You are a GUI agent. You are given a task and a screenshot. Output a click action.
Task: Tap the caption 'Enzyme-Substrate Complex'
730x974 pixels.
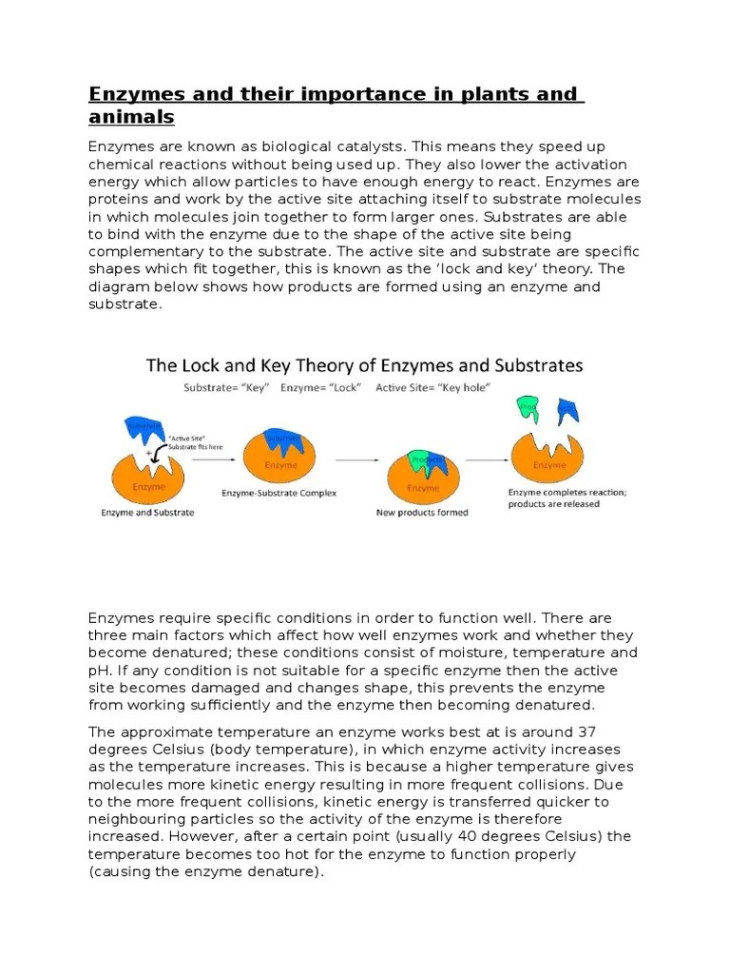click(x=279, y=494)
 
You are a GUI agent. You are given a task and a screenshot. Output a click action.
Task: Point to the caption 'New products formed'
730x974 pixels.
click(x=423, y=512)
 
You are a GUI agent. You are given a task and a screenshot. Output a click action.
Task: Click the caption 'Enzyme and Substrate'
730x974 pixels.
click(x=147, y=513)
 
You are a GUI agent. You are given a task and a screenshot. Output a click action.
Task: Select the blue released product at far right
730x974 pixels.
click(x=567, y=411)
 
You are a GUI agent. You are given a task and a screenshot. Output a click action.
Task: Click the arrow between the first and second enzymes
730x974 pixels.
click(x=209, y=459)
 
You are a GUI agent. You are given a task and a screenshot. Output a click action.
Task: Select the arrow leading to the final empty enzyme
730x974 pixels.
click(x=484, y=459)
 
